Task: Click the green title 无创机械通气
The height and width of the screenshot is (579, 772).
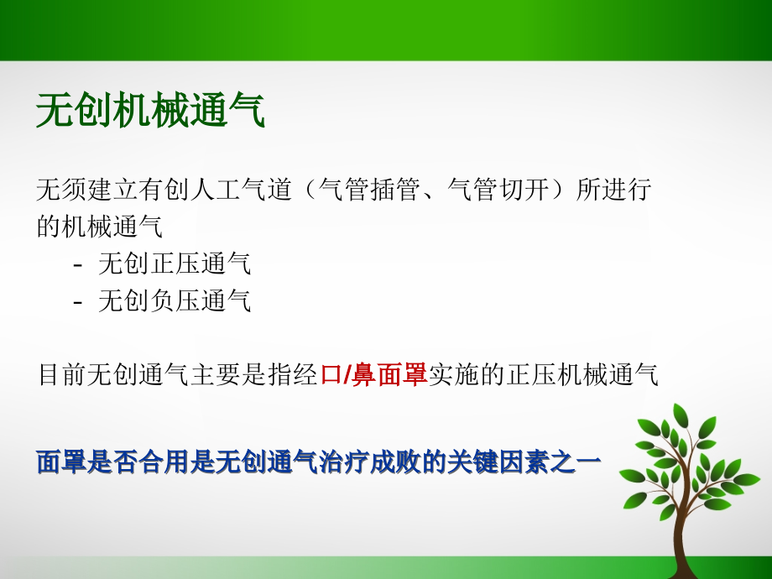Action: (x=151, y=110)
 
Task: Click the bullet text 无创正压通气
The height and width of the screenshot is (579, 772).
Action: (x=175, y=263)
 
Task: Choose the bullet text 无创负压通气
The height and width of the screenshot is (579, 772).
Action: (x=175, y=300)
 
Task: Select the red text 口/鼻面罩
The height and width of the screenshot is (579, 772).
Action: (x=373, y=375)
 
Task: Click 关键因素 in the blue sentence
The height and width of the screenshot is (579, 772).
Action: (x=498, y=462)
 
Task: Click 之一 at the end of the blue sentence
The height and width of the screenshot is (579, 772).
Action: (x=576, y=462)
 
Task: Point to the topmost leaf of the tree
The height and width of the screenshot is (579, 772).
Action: (x=681, y=415)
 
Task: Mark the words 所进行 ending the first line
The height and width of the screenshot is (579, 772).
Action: (x=613, y=190)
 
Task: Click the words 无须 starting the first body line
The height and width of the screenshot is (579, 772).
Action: (x=61, y=190)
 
